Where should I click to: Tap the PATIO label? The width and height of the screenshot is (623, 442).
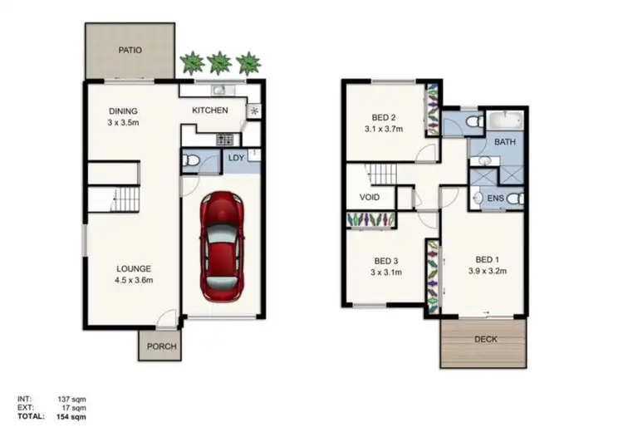coord(129,51)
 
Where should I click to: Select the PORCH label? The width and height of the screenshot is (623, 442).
coord(161,346)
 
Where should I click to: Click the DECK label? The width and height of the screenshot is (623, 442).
coord(485,339)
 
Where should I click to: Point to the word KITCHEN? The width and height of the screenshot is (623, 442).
coord(210,110)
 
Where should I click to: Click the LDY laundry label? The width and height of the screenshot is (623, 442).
coord(237,159)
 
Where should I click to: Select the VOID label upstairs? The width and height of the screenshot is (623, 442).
coord(370,199)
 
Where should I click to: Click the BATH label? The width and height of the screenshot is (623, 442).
coord(504,142)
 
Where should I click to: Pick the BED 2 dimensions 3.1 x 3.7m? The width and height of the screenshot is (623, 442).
coord(384,130)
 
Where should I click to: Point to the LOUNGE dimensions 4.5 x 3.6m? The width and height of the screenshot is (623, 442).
coord(133,280)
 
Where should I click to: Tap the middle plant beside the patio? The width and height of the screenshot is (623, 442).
coord(220,62)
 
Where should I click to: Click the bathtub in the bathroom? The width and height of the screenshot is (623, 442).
coord(505,120)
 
